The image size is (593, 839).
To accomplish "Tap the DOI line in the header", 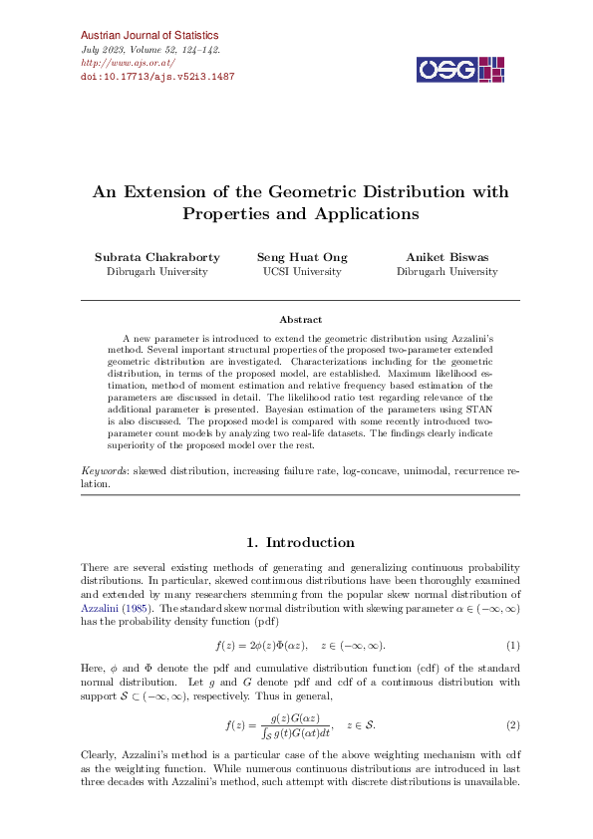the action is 156,76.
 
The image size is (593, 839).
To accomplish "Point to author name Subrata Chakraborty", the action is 155,257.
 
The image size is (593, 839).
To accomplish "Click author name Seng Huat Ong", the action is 302,257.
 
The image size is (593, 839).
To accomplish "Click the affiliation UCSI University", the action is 302,271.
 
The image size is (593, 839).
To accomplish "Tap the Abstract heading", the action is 300,320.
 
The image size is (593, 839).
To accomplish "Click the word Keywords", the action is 103,468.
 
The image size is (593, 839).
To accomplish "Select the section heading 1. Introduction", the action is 300,543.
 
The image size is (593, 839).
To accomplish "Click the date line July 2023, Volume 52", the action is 149,49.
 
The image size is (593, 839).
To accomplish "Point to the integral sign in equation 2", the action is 261,732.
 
